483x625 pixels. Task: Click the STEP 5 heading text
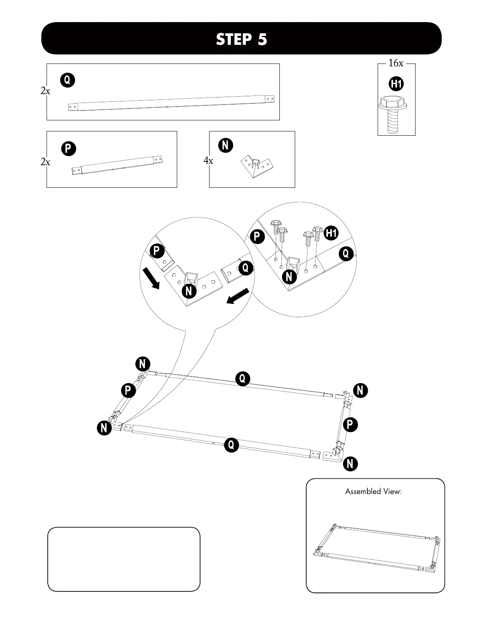coord(241,39)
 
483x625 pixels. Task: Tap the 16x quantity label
coord(396,63)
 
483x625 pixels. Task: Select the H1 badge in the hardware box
coord(397,84)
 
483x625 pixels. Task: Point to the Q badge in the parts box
coord(67,80)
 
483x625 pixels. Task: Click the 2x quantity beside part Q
coord(45,91)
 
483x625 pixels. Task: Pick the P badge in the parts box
coord(68,149)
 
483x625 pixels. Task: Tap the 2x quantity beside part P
coord(45,162)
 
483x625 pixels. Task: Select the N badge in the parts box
coord(225,145)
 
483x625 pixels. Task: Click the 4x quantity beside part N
coord(208,161)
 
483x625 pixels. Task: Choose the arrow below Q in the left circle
coord(238,297)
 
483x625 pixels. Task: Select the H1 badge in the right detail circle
coord(331,233)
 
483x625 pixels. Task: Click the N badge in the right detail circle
coord(289,277)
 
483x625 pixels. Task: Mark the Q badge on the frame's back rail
coord(242,379)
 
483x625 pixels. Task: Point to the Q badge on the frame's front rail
coord(231,445)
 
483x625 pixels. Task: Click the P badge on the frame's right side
coord(350,425)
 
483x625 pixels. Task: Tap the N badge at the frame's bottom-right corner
coord(350,464)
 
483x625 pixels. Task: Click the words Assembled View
coord(373,492)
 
